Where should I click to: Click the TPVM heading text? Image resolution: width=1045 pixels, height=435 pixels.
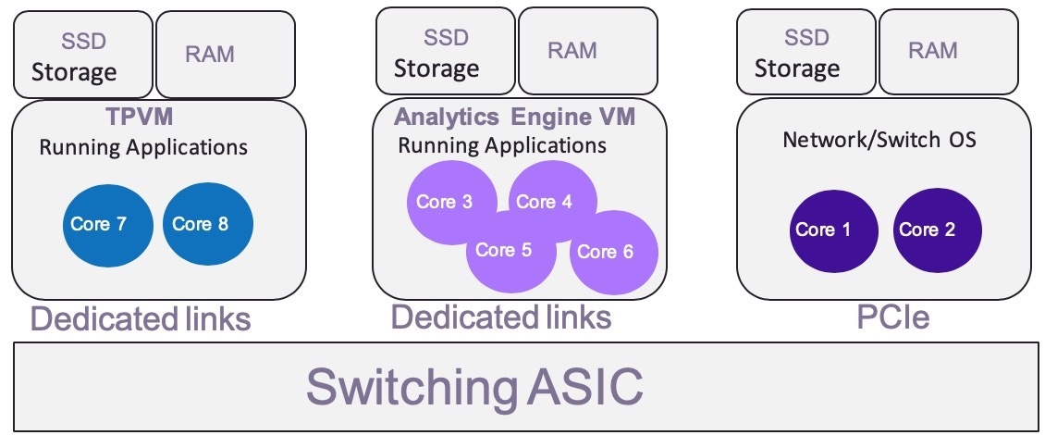pyautogui.click(x=141, y=118)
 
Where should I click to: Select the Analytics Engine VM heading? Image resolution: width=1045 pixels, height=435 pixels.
pyautogui.click(x=515, y=118)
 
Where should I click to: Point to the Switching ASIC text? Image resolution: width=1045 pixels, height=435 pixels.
pyautogui.click(x=474, y=386)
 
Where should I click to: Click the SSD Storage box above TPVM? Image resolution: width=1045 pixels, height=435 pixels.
pyautogui.click(x=82, y=55)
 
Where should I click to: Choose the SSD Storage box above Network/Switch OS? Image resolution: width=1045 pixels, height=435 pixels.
pyautogui.click(x=805, y=51)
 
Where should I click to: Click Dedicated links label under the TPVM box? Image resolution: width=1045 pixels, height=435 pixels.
pyautogui.click(x=141, y=319)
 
